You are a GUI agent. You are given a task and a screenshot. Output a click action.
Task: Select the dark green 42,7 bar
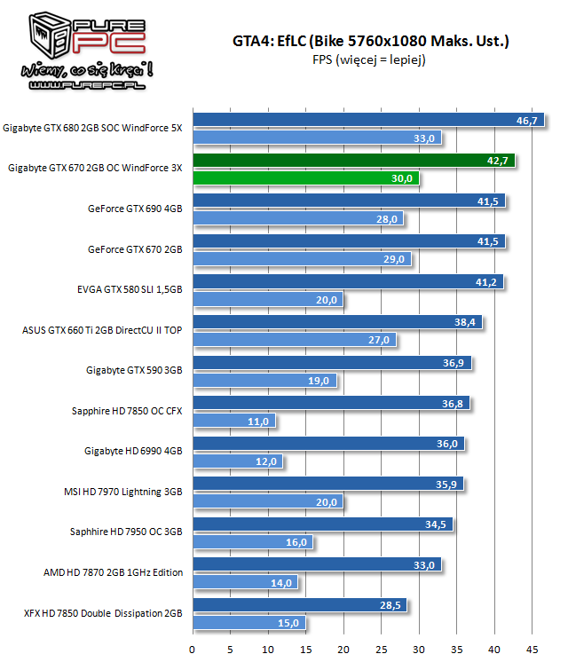[353, 161]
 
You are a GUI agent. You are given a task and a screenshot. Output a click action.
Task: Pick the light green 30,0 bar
[305, 177]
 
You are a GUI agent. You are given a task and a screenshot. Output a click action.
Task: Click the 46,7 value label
[527, 121]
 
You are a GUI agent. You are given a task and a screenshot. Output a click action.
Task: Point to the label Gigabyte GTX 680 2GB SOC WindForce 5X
[92, 128]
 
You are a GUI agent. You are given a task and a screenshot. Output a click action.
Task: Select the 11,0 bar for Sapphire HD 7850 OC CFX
[233, 421]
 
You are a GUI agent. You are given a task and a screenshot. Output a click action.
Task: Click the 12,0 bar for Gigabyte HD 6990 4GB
[237, 461]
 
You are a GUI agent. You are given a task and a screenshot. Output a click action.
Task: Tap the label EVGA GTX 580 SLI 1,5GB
[130, 289]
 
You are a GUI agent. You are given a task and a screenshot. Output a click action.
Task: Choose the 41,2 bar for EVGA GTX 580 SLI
[348, 282]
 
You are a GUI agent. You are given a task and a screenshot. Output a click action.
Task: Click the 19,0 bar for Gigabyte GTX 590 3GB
[264, 380]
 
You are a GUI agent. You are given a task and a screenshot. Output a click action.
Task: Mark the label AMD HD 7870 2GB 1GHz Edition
[114, 572]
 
